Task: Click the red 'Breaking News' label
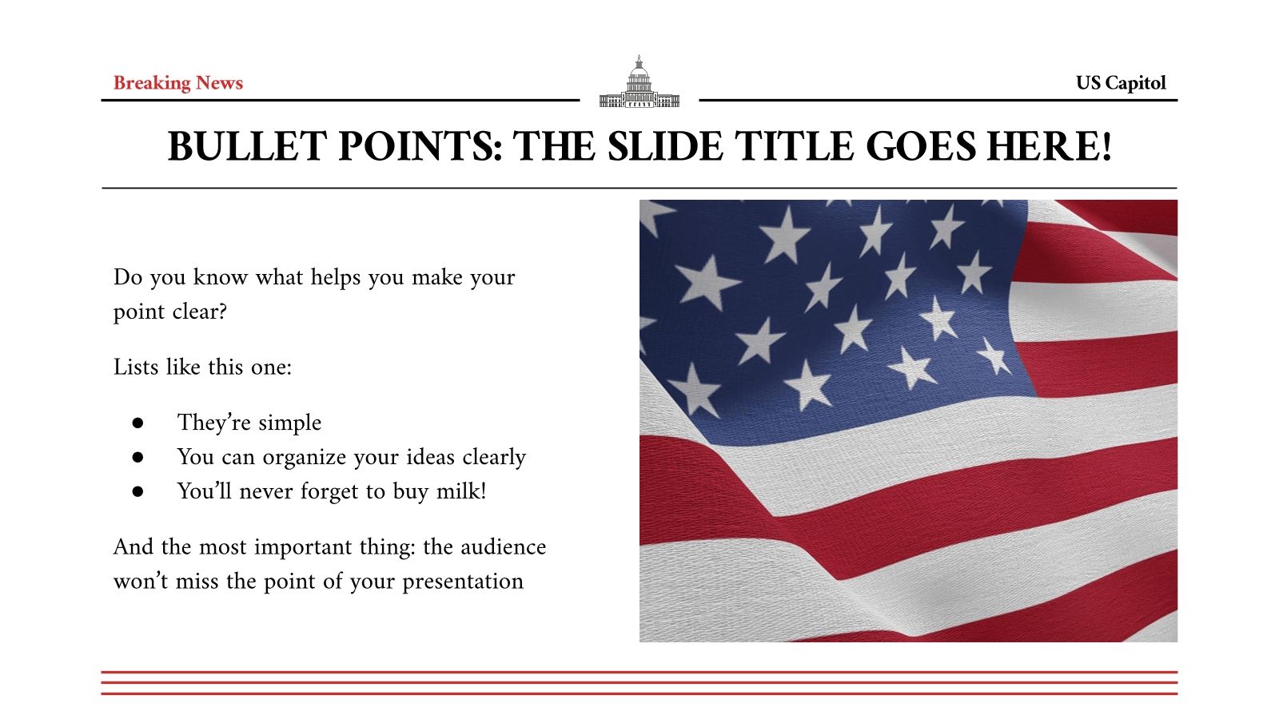pyautogui.click(x=177, y=83)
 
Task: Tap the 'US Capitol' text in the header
pyautogui.click(x=1120, y=83)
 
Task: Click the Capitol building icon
pyautogui.click(x=639, y=83)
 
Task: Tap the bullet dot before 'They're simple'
pyautogui.click(x=137, y=423)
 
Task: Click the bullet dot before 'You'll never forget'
pyautogui.click(x=137, y=491)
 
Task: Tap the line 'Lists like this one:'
pyautogui.click(x=202, y=367)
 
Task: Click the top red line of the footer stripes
pyautogui.click(x=639, y=673)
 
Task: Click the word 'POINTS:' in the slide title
pyautogui.click(x=420, y=147)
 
